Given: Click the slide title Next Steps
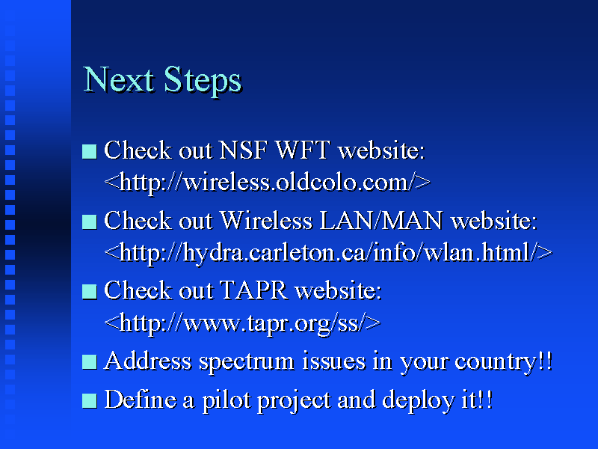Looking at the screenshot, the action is pyautogui.click(x=162, y=81).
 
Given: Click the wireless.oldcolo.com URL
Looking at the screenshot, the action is pyautogui.click(x=268, y=182).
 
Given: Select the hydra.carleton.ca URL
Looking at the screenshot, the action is pyautogui.click(x=328, y=253).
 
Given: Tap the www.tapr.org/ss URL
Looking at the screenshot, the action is pyautogui.click(x=242, y=324).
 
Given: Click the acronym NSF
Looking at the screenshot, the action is pyautogui.click(x=243, y=150).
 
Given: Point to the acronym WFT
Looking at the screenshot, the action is pyautogui.click(x=303, y=150).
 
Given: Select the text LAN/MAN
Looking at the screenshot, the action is pyautogui.click(x=381, y=221).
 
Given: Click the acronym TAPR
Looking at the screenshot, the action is pyautogui.click(x=253, y=290).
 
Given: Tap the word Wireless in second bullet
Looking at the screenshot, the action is pyautogui.click(x=266, y=221).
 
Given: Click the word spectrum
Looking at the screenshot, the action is pyautogui.click(x=247, y=362).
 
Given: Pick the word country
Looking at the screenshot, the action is pyautogui.click(x=496, y=362).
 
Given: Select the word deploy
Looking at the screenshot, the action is pyautogui.click(x=419, y=401).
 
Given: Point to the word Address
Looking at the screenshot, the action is pyautogui.click(x=147, y=361).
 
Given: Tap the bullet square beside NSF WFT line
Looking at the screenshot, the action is pyautogui.click(x=90, y=152).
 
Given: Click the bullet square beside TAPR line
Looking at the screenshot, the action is pyautogui.click(x=90, y=292).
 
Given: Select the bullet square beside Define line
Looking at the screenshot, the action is pyautogui.click(x=90, y=401).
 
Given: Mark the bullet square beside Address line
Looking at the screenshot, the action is pyautogui.click(x=90, y=362).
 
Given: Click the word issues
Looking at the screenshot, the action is pyautogui.click(x=333, y=361).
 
